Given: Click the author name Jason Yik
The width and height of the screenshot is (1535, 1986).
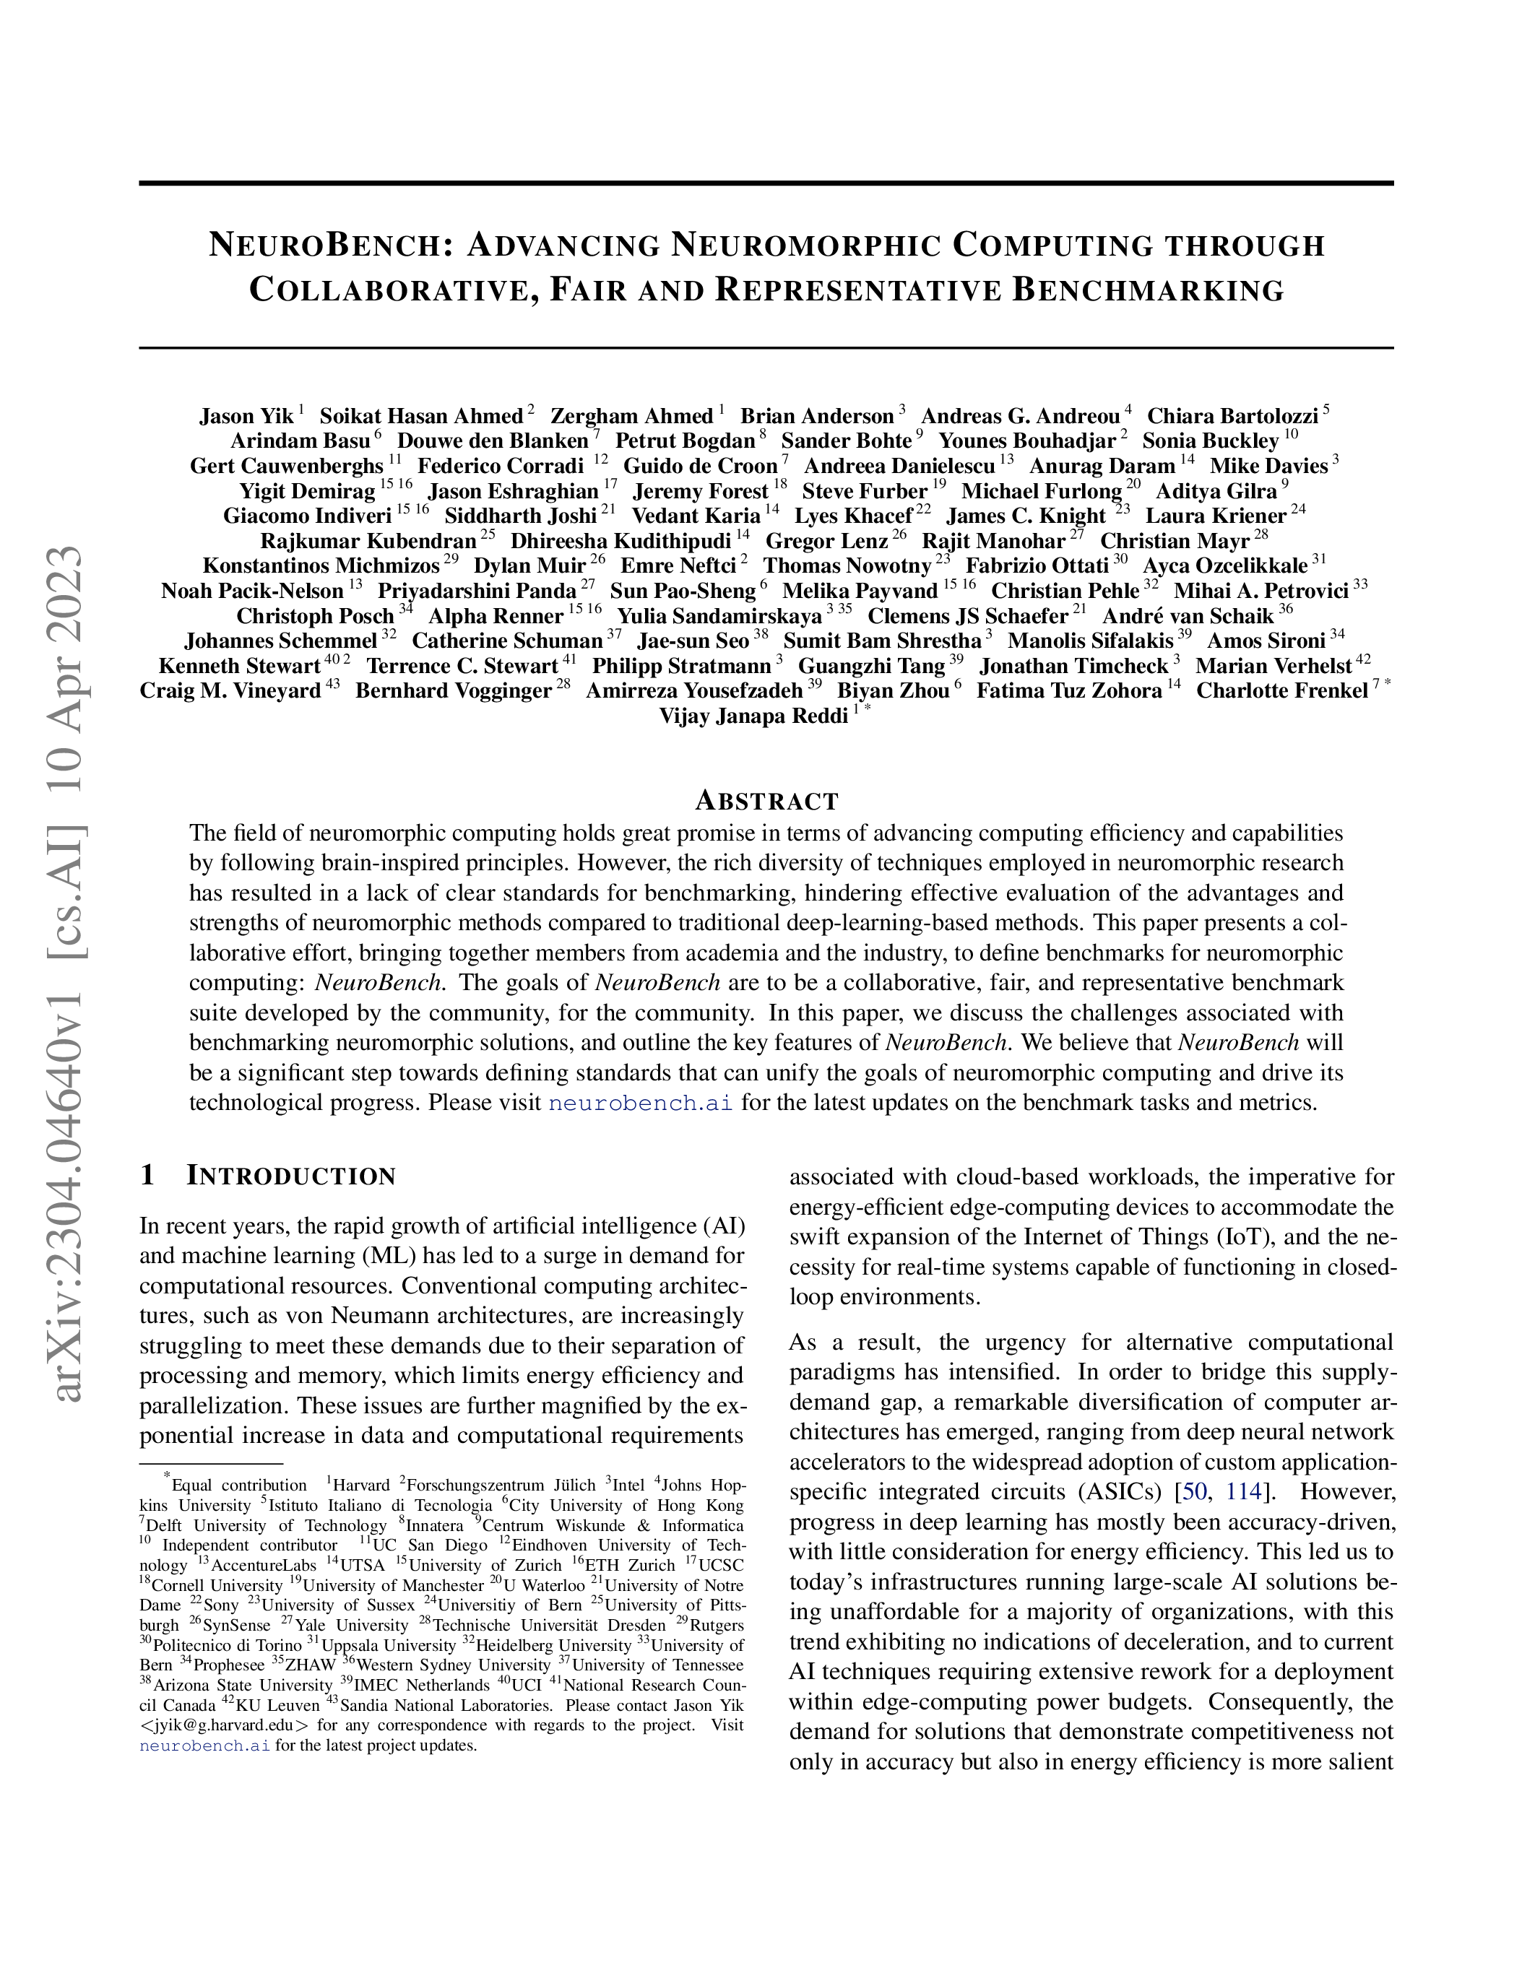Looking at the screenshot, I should tap(246, 417).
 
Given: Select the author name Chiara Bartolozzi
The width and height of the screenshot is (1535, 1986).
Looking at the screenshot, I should tap(1232, 417).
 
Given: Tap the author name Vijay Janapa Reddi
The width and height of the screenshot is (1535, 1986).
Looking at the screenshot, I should tap(754, 716).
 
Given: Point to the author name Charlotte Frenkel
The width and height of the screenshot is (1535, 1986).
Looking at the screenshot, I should tap(1281, 691).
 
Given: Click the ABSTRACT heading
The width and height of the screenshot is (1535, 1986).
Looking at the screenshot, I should tap(766, 801).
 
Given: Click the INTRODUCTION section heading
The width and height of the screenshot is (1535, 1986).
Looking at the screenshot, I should tap(291, 1176).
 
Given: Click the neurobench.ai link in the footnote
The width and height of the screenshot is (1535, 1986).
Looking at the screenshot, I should tap(204, 1746).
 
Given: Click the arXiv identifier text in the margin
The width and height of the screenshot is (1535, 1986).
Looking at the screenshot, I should tap(68, 973).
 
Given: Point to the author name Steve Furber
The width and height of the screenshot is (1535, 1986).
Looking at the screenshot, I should tap(864, 492).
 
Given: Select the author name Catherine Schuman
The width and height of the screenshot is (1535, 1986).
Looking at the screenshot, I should tap(506, 641).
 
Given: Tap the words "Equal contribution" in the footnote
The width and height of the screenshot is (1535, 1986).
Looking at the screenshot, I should tap(239, 1485).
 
